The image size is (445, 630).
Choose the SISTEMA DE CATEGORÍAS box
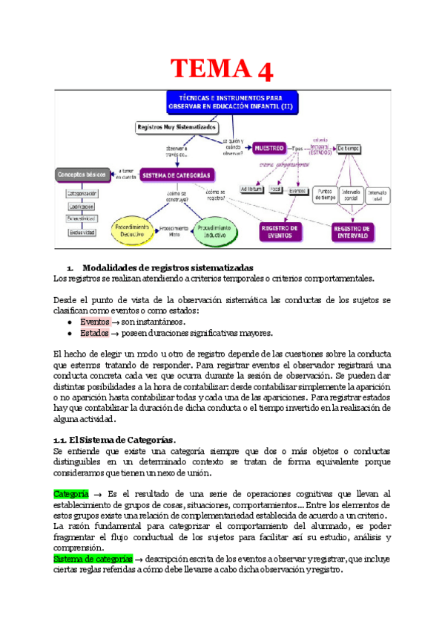click(x=179, y=175)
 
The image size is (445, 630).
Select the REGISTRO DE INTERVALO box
click(x=353, y=231)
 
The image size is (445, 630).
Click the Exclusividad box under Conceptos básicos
click(x=82, y=233)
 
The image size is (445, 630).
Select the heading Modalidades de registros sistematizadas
click(x=168, y=267)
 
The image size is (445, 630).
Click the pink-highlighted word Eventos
click(x=94, y=322)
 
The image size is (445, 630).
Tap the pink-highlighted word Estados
click(x=94, y=333)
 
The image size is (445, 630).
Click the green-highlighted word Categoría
click(x=71, y=493)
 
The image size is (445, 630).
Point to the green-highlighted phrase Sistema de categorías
click(x=93, y=558)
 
